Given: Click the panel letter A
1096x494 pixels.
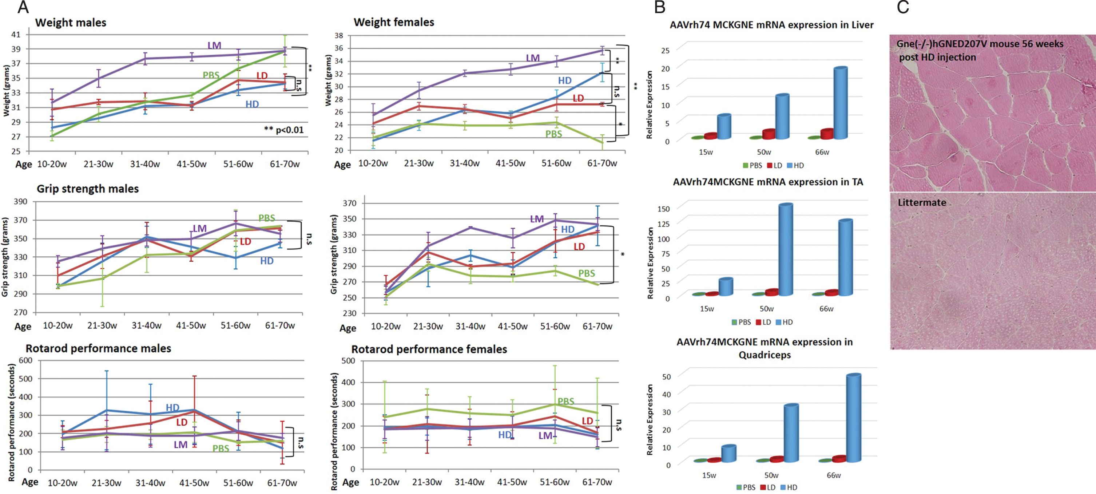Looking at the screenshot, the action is click(23, 7).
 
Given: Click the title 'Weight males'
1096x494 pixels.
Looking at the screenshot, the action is click(71, 23).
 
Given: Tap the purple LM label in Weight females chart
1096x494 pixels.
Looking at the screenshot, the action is click(533, 58).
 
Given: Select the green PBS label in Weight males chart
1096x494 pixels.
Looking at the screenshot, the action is click(211, 75).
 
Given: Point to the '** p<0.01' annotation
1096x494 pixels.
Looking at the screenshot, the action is click(284, 130).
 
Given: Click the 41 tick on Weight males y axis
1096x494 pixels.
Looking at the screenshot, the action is click(16, 35).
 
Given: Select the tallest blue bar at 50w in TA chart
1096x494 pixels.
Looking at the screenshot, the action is click(785, 249).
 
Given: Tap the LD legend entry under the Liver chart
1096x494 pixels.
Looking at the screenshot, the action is click(775, 166).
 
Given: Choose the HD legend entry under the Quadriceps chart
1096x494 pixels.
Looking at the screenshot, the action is click(789, 487).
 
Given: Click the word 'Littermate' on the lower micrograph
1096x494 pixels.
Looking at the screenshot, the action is click(922, 202).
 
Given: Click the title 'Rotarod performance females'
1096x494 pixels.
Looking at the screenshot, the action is click(429, 349).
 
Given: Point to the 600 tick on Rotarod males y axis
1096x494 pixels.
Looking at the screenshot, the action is click(25, 360).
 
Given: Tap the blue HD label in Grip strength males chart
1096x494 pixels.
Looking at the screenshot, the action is click(267, 261).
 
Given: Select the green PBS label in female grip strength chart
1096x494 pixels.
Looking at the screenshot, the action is click(586, 274).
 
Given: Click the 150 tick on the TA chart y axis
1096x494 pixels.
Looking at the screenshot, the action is click(664, 209).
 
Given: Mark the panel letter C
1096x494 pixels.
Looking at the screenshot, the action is click(903, 7).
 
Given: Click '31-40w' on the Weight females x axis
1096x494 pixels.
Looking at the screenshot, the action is click(465, 163).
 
